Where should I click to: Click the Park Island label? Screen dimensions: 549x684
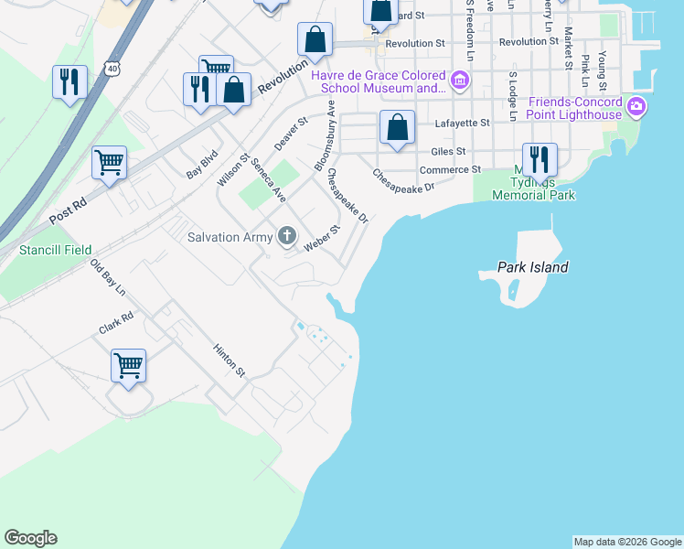[533, 267]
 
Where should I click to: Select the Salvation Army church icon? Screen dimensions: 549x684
[287, 237]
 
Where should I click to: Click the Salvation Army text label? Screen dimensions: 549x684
[230, 238]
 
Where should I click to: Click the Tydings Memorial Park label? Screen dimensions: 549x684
[533, 188]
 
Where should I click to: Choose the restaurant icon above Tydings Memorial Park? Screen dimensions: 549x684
[540, 159]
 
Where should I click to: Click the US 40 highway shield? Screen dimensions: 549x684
[112, 69]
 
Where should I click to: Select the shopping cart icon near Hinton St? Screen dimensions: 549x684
[128, 365]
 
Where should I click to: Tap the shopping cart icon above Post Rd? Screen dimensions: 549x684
[109, 163]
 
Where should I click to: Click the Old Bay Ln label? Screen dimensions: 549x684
[107, 278]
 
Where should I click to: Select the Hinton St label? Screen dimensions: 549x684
[229, 361]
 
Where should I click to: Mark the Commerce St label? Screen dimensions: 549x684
[450, 169]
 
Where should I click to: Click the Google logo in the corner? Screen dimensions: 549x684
[30, 538]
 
